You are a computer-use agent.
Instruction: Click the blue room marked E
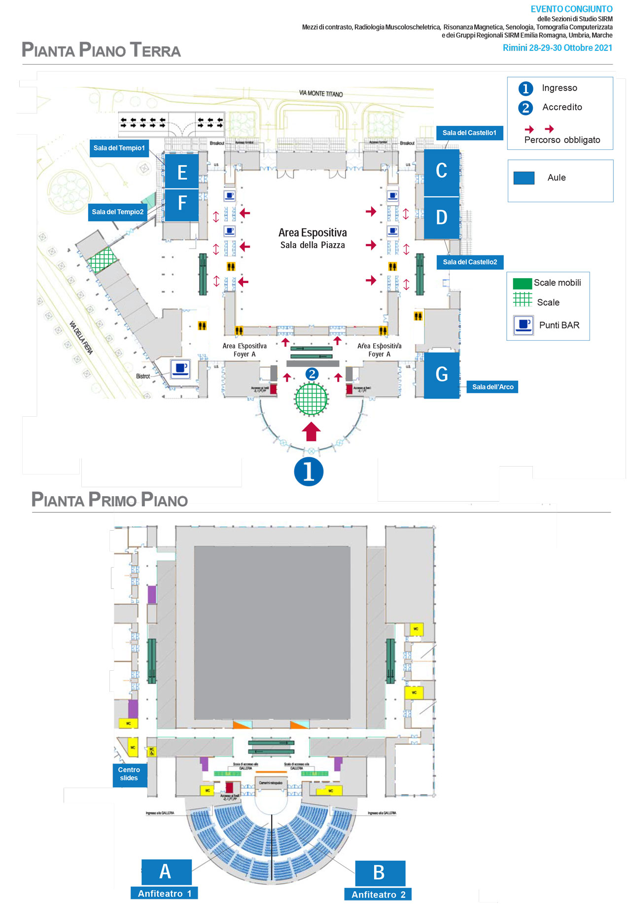pyautogui.click(x=181, y=171)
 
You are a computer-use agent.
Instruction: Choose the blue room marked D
pyautogui.click(x=441, y=217)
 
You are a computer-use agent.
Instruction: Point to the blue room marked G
pyautogui.click(x=442, y=375)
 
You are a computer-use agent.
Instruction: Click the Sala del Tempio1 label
pyautogui.click(x=119, y=148)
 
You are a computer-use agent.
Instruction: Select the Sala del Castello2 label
pyautogui.click(x=470, y=262)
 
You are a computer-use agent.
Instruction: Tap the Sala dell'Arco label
pyautogui.click(x=492, y=387)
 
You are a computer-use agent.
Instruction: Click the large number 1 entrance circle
pyautogui.click(x=309, y=471)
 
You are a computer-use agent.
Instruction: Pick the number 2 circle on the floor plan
pyautogui.click(x=312, y=374)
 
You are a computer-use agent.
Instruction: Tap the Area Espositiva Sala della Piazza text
pyautogui.click(x=313, y=238)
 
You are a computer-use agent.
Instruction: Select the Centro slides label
pyautogui.click(x=129, y=774)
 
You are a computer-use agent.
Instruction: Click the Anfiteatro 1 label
pyautogui.click(x=165, y=893)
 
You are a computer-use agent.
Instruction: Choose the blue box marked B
pyautogui.click(x=380, y=872)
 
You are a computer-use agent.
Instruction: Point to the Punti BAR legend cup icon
pyautogui.click(x=523, y=325)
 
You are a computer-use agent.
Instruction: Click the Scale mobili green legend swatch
pyautogui.click(x=522, y=284)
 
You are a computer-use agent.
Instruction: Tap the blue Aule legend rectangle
pyautogui.click(x=524, y=178)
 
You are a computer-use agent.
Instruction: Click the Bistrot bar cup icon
pyautogui.click(x=180, y=368)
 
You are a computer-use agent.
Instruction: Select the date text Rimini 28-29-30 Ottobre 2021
pyautogui.click(x=557, y=48)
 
